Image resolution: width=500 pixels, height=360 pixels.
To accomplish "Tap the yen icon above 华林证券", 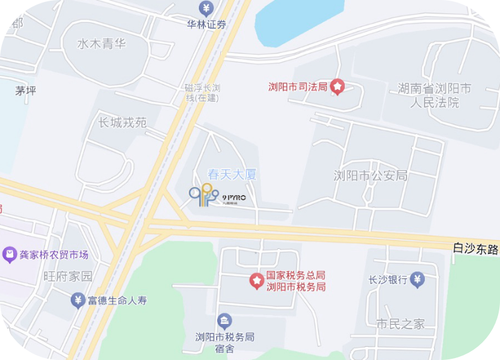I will coord(206,8).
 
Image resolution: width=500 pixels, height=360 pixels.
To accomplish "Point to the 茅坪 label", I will coord(26,91).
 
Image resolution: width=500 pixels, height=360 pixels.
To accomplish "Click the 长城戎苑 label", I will coord(122,123).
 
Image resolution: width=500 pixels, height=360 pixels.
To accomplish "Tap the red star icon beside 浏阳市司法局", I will coord(338,87).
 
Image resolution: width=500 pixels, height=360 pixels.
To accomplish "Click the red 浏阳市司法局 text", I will coord(297,87).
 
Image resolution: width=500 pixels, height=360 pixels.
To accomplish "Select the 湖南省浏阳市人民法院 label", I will coord(435,95).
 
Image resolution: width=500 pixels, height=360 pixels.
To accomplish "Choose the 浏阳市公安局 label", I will coord(371,175).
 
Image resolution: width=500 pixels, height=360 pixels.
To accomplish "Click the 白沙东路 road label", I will coord(476,250).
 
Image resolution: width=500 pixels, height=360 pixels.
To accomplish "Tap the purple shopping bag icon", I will coord(9,255).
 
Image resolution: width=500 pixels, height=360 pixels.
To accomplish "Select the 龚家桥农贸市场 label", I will coord(54,255).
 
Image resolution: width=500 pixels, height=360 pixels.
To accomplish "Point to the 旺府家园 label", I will coord(68,276).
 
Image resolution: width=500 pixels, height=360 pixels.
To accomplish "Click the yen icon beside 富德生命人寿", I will coord(78,300).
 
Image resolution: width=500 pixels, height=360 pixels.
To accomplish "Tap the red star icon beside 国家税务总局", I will coord(256,280).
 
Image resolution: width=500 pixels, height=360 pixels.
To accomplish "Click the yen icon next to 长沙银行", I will coord(417,279).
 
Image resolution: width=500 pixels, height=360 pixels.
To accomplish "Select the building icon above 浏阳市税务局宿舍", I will coord(224,321).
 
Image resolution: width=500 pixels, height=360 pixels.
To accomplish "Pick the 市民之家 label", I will coord(400,324).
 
